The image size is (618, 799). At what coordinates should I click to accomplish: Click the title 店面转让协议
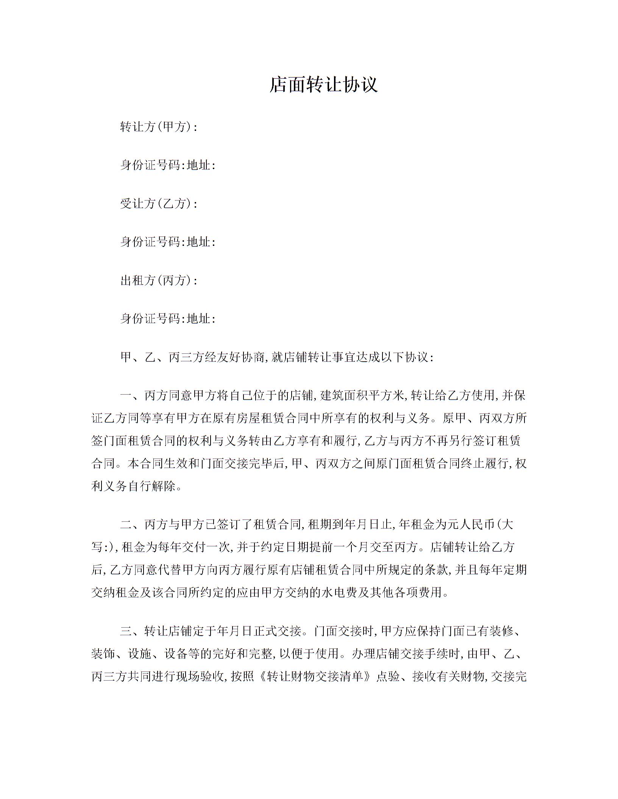323,84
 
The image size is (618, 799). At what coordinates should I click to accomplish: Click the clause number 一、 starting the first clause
132,396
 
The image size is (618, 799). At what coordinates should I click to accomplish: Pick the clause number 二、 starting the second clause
132,524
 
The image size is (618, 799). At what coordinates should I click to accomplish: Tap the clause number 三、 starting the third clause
132,631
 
